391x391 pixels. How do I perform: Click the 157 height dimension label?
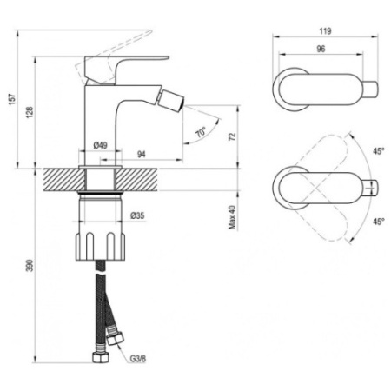point(12,99)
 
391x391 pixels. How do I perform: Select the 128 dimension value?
point(30,112)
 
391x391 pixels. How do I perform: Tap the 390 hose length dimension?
point(30,265)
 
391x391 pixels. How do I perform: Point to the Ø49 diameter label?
point(101,145)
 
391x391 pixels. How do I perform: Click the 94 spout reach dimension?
point(141,155)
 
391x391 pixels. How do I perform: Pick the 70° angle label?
point(201,132)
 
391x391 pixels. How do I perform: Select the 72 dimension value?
point(232,136)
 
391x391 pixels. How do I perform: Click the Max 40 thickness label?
point(232,217)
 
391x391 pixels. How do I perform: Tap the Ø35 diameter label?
point(137,215)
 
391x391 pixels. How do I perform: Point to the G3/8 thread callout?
point(137,359)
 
